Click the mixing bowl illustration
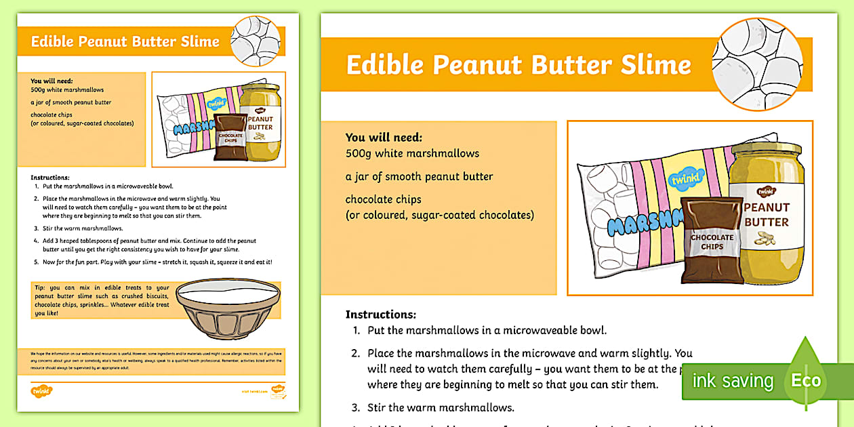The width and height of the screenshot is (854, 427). point(228,309)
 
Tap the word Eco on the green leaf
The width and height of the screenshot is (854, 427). point(806,380)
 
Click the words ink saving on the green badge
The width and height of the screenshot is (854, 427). point(732,381)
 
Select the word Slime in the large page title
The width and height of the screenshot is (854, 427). point(656,65)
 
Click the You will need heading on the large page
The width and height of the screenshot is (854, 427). point(384,137)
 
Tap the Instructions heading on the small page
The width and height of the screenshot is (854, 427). point(50,177)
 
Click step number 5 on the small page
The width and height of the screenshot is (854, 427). point(36,262)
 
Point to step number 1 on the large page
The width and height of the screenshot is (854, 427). point(357,331)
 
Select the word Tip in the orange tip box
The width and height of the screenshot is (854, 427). point(39,288)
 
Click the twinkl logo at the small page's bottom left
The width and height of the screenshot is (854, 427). point(41,390)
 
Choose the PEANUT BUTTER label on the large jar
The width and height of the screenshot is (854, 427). point(767,215)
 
